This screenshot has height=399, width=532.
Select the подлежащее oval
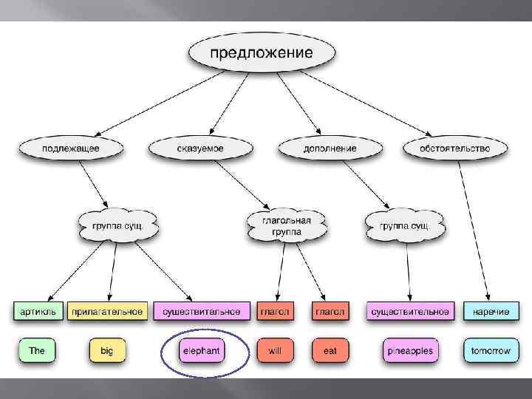pos(71,148)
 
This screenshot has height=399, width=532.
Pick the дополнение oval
pos(330,148)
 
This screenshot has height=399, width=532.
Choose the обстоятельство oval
pos(454,148)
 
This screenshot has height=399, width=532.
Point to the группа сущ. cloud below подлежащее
pos(117,225)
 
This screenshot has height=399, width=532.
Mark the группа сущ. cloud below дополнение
pos(404,225)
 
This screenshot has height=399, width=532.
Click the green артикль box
pos(37,311)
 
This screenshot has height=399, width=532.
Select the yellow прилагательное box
pos(107,311)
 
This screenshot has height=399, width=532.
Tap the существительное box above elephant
pos(202,311)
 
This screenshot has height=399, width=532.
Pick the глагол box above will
pos(274,311)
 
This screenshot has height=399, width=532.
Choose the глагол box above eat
pos(330,311)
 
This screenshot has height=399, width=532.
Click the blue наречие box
pos(485,311)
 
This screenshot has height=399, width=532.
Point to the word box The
pos(37,350)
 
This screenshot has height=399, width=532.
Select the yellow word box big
pos(107,350)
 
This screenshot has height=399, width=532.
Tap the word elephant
pos(202,350)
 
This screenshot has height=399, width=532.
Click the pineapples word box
pos(409,350)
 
